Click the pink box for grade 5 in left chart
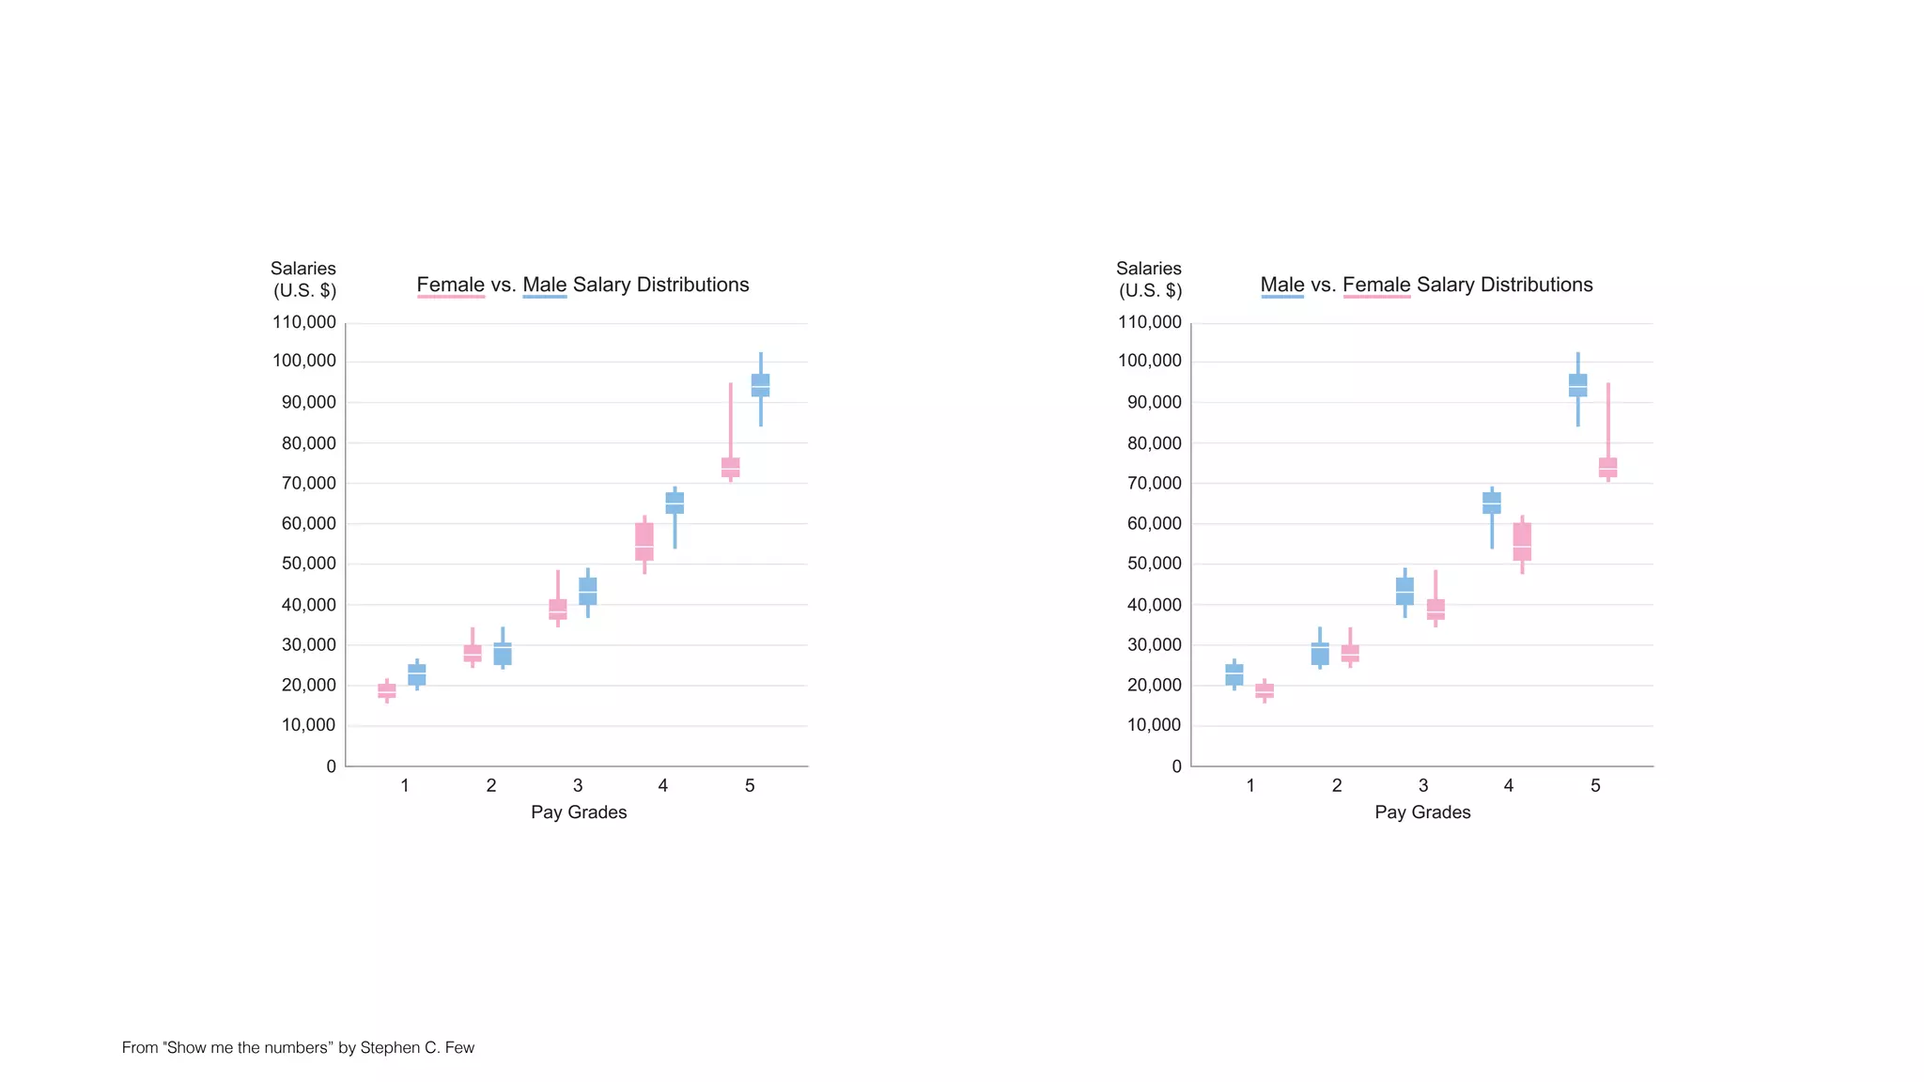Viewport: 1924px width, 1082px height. click(x=730, y=467)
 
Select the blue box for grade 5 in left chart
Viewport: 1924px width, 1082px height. click(x=760, y=385)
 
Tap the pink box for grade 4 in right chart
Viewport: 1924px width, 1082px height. click(x=1522, y=542)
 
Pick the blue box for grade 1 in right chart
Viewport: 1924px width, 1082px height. click(x=1234, y=674)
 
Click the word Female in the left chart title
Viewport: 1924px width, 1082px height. click(x=450, y=285)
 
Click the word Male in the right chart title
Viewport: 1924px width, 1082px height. click(x=1281, y=285)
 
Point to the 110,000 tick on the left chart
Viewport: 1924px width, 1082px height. click(x=303, y=322)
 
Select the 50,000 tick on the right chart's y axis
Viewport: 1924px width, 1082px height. click(x=1154, y=564)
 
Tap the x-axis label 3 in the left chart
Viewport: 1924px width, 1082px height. click(x=578, y=785)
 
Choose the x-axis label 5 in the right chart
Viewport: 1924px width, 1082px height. click(x=1595, y=785)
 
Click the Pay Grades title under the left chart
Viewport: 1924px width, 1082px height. click(x=579, y=812)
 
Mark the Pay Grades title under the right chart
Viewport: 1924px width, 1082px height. click(x=1422, y=812)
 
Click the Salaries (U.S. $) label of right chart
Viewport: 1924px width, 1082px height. click(x=1149, y=279)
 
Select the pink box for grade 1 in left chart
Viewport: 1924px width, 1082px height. click(x=386, y=690)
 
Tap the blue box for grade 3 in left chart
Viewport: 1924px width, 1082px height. click(x=588, y=591)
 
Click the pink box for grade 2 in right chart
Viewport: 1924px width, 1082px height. click(x=1350, y=653)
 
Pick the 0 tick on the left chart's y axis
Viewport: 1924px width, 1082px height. click(x=331, y=766)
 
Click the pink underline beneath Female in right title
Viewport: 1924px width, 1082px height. click(x=1376, y=297)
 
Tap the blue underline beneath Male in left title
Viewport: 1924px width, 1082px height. click(x=545, y=297)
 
